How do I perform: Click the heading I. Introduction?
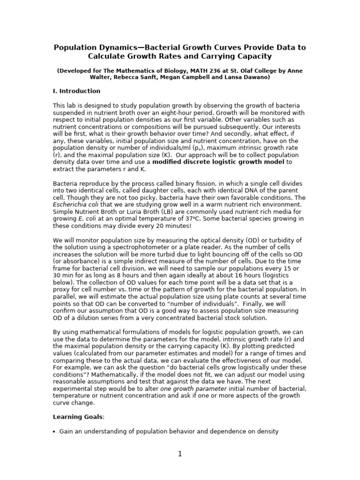click(76, 91)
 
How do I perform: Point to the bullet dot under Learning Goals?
click(54, 431)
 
